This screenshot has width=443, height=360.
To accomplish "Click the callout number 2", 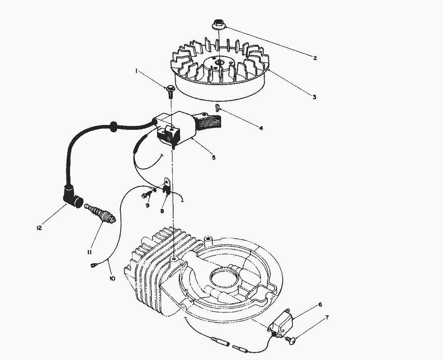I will pyautogui.click(x=315, y=58).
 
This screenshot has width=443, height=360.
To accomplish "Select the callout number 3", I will pyautogui.click(x=314, y=97).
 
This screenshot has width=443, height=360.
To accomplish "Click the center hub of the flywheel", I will pyautogui.click(x=218, y=63).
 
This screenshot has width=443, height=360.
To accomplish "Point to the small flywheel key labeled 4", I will pyautogui.click(x=217, y=107).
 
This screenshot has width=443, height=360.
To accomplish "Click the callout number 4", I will pyautogui.click(x=261, y=128).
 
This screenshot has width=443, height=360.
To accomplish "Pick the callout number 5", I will pyautogui.click(x=213, y=157).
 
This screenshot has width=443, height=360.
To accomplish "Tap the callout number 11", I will pyautogui.click(x=89, y=252).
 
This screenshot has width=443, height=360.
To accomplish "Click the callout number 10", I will pyautogui.click(x=112, y=278).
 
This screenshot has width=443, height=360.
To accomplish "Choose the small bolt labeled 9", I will pyautogui.click(x=146, y=195).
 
